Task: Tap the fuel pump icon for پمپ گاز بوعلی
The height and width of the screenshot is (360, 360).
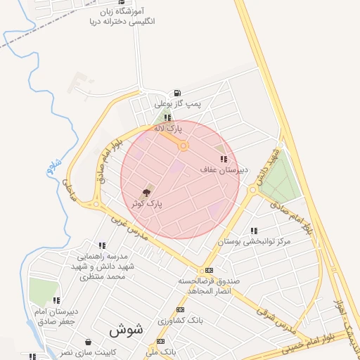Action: [176, 93]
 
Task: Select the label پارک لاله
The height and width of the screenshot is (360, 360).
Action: [168, 129]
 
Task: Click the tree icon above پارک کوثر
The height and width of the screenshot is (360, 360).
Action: [146, 192]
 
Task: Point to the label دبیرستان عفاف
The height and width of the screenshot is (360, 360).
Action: [224, 170]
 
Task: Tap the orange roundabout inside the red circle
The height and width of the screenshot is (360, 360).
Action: [183, 146]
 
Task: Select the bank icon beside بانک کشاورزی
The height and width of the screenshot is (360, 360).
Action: [181, 309]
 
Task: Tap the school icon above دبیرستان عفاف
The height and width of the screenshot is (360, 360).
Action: [224, 160]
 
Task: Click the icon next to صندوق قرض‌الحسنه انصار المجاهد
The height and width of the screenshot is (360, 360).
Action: [209, 271]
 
